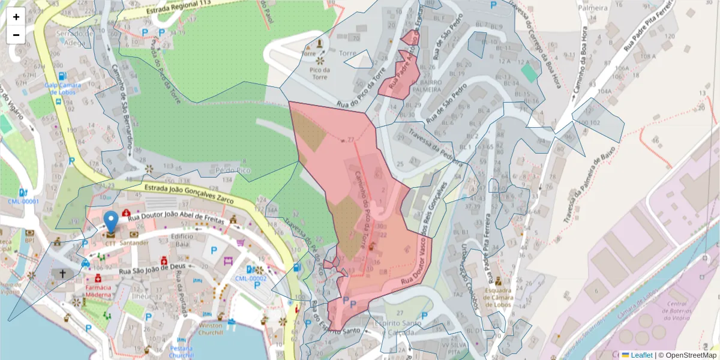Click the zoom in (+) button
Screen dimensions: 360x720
pyautogui.click(x=16, y=17)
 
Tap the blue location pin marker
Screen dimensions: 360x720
pyautogui.click(x=111, y=221)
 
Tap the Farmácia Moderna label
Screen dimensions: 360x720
pyautogui.click(x=98, y=291)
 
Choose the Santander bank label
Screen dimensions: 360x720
pyautogui.click(x=134, y=243)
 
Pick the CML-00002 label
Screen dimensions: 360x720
pyautogui.click(x=250, y=278)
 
